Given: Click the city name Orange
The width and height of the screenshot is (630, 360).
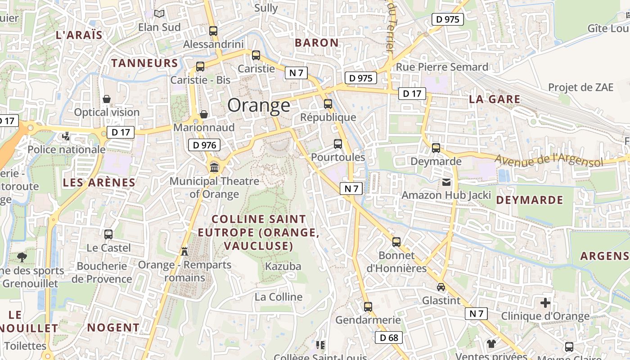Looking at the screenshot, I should [259, 105].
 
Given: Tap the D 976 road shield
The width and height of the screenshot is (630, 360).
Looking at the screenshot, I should [204, 145].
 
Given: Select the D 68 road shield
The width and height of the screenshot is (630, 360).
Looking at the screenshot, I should [388, 337].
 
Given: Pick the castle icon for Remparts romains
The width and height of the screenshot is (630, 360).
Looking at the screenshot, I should [184, 251].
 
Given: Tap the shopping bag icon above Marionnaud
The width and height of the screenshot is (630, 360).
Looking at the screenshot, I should [203, 114].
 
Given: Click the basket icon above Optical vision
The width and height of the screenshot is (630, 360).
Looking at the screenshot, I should [107, 99].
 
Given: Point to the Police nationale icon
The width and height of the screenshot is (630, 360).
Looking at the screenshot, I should [66, 136].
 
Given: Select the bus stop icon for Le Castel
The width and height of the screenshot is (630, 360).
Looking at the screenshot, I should [108, 234].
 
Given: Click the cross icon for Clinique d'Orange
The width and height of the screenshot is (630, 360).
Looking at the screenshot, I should [545, 303].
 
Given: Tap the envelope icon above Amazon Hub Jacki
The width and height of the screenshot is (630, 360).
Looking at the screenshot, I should [446, 182].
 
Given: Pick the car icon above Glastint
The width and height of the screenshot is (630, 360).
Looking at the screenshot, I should [441, 287].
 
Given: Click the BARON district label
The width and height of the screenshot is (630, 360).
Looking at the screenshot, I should [316, 43].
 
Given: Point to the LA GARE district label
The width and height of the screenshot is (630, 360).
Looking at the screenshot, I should [495, 99].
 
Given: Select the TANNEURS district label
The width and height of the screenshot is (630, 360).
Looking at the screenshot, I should [145, 63].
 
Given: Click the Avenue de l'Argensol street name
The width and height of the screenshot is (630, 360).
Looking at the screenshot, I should [549, 160].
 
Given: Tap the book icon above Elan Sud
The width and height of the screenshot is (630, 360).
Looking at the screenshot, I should [159, 14].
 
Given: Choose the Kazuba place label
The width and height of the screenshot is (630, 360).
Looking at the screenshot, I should [283, 266].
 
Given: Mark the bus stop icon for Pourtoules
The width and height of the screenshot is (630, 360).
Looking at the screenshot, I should [338, 144].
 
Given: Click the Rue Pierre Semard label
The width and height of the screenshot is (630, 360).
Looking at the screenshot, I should [442, 67].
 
